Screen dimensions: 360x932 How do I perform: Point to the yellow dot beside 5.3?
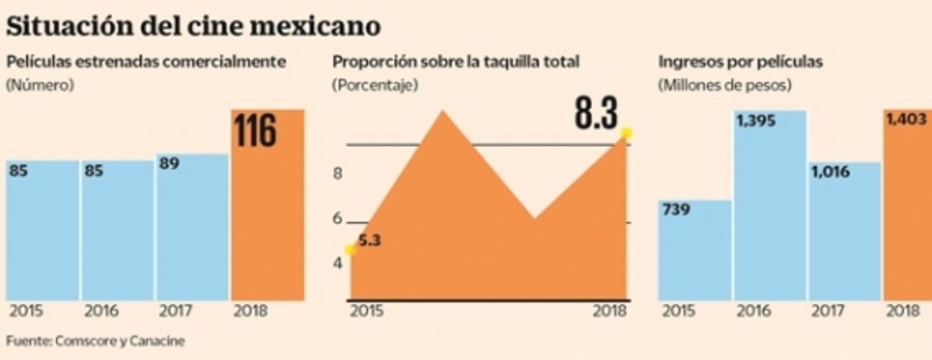pyautogui.click(x=350, y=250)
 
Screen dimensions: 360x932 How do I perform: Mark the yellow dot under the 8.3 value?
pyautogui.click(x=627, y=133)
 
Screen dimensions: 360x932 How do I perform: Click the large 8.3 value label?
pyautogui.click(x=596, y=114)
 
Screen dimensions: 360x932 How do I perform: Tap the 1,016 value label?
pyautogui.click(x=830, y=172)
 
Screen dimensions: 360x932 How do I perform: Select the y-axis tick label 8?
pyautogui.click(x=337, y=173)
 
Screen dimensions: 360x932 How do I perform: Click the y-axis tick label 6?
pyautogui.click(x=337, y=219)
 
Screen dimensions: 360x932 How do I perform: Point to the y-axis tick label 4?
pyautogui.click(x=337, y=263)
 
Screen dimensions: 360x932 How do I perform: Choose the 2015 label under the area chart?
pyautogui.click(x=366, y=311)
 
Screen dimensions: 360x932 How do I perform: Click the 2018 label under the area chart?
pyautogui.click(x=610, y=311)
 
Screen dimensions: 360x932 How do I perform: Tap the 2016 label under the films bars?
pyautogui.click(x=101, y=311)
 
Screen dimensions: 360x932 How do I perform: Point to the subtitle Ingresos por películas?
pyautogui.click(x=740, y=62)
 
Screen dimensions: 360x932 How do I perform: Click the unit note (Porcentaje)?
pyautogui.click(x=375, y=85)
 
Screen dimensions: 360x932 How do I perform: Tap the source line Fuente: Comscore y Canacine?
pyautogui.click(x=95, y=341)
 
